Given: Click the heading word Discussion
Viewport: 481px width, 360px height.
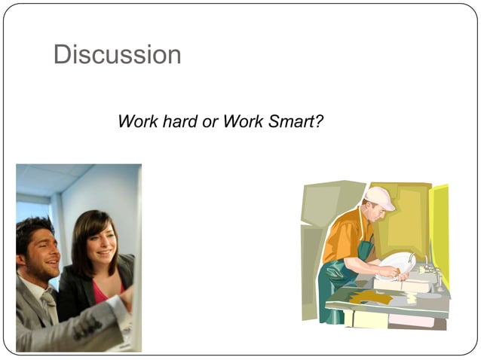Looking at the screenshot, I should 117,54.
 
